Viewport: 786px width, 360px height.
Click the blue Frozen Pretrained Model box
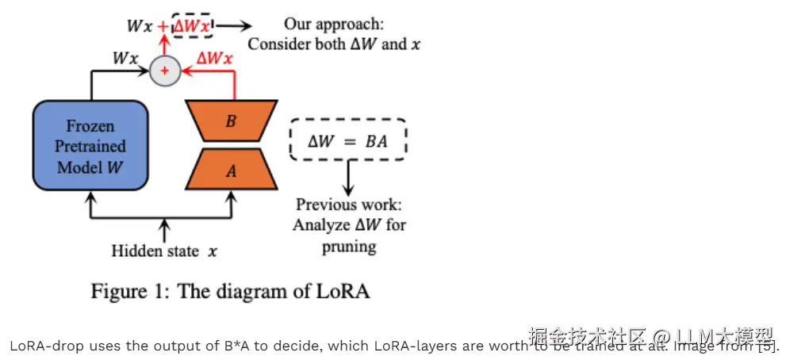click(x=90, y=147)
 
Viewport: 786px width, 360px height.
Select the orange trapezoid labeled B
click(x=231, y=121)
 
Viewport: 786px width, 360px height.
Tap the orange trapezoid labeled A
click(x=231, y=169)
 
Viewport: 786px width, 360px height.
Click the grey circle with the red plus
click(x=165, y=71)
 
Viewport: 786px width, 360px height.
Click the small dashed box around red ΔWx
click(x=193, y=25)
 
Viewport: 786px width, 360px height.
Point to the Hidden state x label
click(x=164, y=251)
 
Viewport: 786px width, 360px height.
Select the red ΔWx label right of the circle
click(x=214, y=58)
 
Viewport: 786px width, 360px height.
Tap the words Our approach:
click(x=333, y=24)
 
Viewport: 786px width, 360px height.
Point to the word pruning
click(x=349, y=246)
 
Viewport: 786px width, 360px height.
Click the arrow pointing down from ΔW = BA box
click(x=347, y=178)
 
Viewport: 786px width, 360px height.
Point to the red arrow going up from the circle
click(x=165, y=48)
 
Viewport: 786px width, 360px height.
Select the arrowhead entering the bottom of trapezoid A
click(x=231, y=195)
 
